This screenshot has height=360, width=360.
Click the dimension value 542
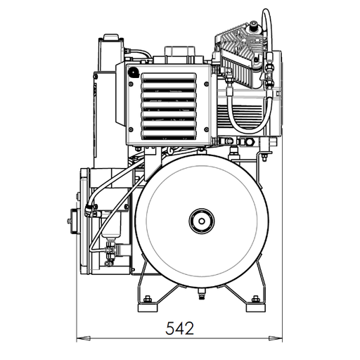(x=179, y=327)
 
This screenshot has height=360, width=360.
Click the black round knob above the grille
(x=131, y=70)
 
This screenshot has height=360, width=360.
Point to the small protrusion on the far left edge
(x=71, y=224)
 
